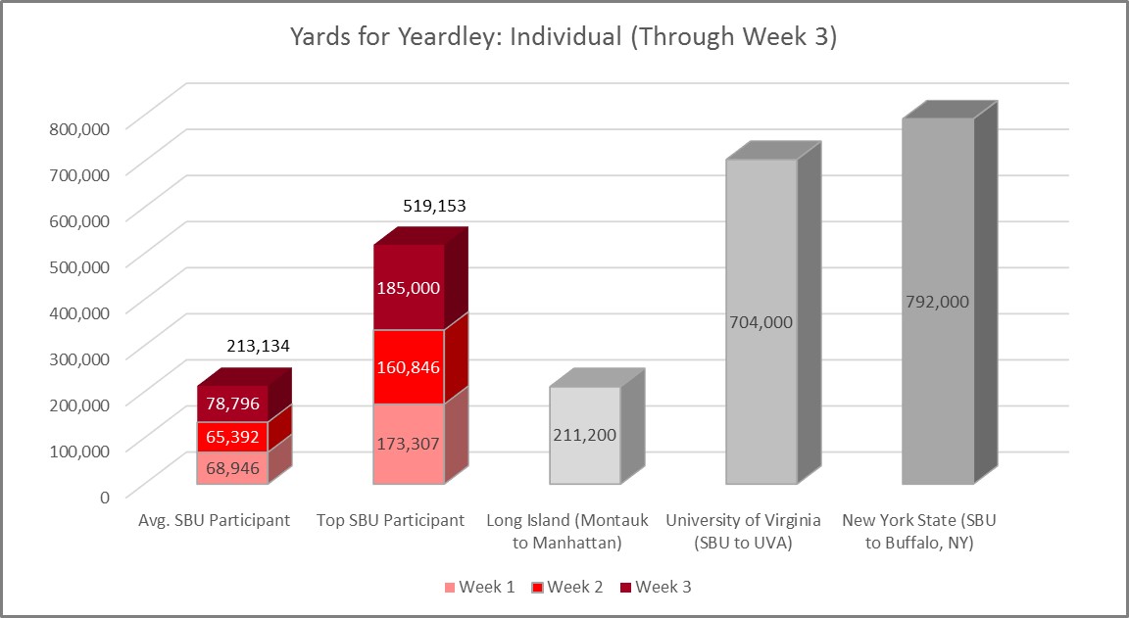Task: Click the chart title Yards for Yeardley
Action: tap(564, 37)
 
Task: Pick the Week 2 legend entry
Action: tap(567, 588)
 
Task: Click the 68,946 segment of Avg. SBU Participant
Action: tap(232, 467)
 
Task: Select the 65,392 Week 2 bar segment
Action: tap(232, 436)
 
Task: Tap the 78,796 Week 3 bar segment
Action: tap(232, 403)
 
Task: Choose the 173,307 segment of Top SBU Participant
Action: tap(408, 444)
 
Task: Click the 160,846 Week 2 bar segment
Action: tap(408, 367)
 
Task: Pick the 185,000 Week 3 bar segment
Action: tap(408, 287)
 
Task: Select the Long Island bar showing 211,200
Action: tap(585, 435)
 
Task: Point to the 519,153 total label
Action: tap(434, 207)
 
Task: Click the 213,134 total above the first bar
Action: tap(258, 346)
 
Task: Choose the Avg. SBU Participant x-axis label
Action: tap(215, 520)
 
